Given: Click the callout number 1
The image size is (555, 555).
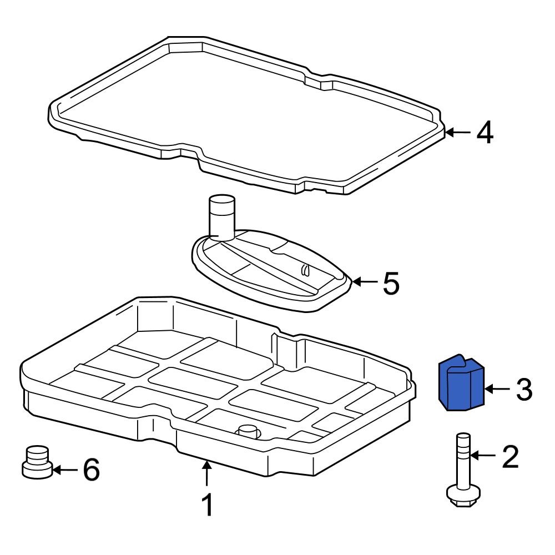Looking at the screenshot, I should (x=206, y=505).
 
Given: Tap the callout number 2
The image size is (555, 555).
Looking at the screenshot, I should (x=509, y=456).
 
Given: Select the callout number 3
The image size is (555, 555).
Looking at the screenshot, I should (x=524, y=390).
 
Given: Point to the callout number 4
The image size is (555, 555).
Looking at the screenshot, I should (x=485, y=133).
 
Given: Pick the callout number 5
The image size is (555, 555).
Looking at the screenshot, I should (x=390, y=283).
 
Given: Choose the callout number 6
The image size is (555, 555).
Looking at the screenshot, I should (x=90, y=470).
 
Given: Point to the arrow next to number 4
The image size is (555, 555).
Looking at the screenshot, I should (x=458, y=132).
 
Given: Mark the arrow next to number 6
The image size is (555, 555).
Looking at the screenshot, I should (x=65, y=470).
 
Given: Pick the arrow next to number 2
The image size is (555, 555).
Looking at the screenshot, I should (x=482, y=456).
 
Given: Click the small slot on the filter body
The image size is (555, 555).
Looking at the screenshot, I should (x=305, y=270).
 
